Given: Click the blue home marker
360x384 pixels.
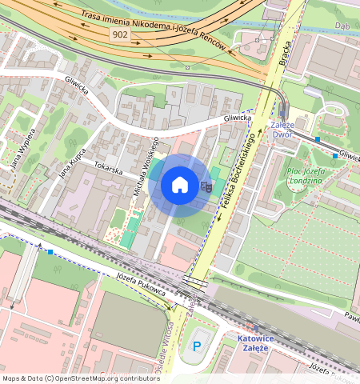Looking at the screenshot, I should [x=180, y=186].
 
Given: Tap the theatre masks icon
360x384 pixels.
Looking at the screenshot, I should [x=206, y=186].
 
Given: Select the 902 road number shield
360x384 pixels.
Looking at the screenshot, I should [x=119, y=35].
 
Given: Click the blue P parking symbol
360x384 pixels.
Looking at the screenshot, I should [x=197, y=346].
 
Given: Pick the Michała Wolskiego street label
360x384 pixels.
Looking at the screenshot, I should [x=145, y=170].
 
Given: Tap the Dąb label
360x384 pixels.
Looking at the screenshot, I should [x=344, y=25].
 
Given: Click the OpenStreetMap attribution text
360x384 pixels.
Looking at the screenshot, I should [x=81, y=378].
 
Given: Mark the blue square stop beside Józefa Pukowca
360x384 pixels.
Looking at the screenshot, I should [x=51, y=252].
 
